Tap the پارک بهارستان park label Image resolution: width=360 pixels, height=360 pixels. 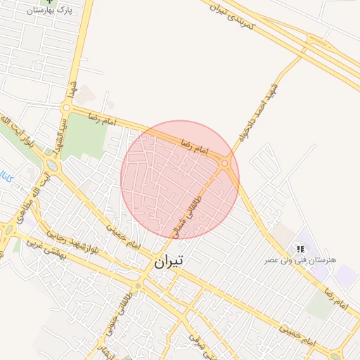click(x=50, y=11)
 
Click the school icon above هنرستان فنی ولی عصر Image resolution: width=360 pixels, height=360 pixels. click(x=300, y=249)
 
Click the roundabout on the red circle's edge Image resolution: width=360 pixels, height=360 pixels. click(x=225, y=164)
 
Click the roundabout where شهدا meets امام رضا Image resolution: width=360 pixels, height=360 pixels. click(x=67, y=108)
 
